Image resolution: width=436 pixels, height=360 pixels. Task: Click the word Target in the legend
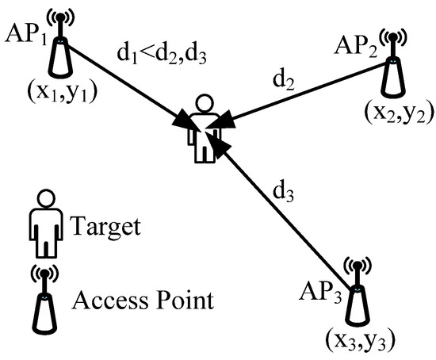[106, 228]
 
